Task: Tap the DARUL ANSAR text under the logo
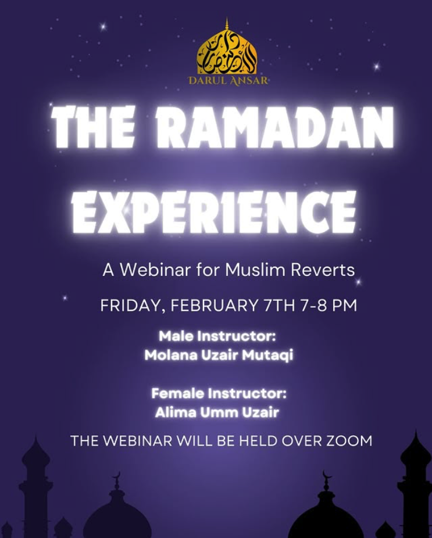(228, 81)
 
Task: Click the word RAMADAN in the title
(274, 127)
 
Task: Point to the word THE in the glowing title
(92, 127)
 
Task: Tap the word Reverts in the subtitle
(323, 270)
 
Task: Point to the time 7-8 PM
(329, 305)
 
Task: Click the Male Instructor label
(217, 336)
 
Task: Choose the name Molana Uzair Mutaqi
(219, 355)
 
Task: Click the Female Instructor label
(219, 393)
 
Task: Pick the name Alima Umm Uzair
(217, 412)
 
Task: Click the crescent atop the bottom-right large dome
(327, 476)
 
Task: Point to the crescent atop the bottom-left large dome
(117, 476)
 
